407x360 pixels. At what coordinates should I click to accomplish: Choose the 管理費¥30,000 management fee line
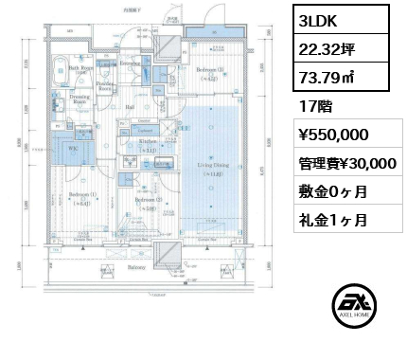click(x=342, y=162)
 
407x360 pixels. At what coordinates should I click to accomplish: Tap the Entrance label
click(x=132, y=65)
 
